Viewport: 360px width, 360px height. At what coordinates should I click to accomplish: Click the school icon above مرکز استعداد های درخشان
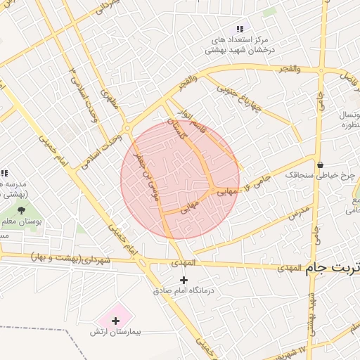coord(240,29)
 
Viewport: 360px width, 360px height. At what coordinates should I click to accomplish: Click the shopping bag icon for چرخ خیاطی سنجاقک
coord(321,165)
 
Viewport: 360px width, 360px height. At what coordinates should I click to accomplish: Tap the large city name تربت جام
coord(335,268)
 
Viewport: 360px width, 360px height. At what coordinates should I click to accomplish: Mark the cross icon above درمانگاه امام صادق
coord(184,279)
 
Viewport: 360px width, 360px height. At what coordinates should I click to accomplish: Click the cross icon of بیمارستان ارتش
coord(116,320)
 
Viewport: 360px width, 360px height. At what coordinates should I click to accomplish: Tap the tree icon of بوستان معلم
coord(21,208)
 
